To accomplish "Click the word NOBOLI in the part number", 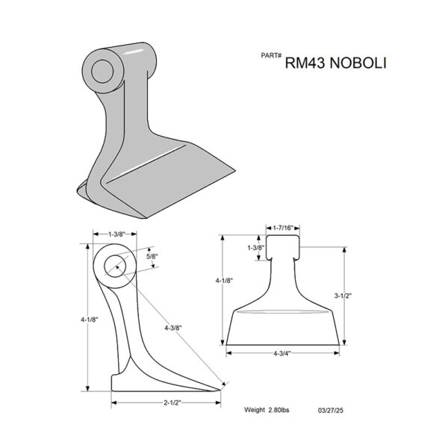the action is pos(358,63).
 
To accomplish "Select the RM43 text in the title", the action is pos(305,63).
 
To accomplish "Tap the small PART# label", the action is pos(271,55).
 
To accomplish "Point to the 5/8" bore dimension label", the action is pos(152,256).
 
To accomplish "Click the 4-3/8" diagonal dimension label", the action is pos(173,328).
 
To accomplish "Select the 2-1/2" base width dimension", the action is pos(172,403).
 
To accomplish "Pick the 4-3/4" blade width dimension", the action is pos(282,353).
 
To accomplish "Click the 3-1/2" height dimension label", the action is pos(343,296).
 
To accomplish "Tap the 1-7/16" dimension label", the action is pos(283,228).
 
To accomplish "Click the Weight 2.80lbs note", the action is pos(267,410).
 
